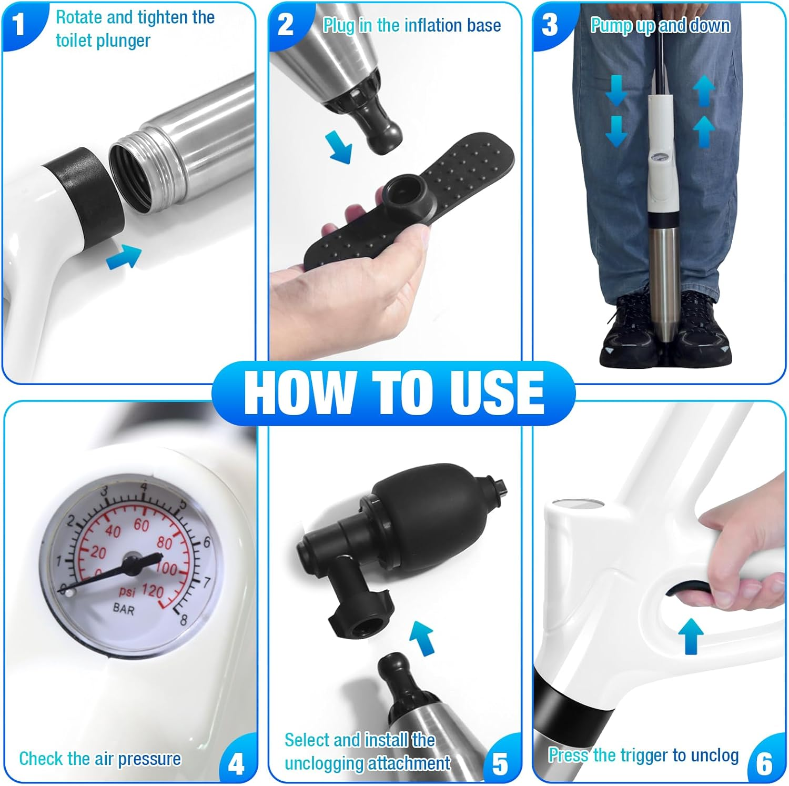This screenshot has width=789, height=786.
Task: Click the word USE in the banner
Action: (x=497, y=392)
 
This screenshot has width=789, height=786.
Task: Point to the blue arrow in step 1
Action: (x=124, y=257)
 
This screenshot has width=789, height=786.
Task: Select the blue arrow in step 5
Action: (x=422, y=638)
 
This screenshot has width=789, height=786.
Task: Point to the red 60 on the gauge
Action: (x=141, y=525)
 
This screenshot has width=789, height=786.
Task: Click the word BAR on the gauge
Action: (x=124, y=609)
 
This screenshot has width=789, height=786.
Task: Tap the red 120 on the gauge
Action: (x=153, y=591)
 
